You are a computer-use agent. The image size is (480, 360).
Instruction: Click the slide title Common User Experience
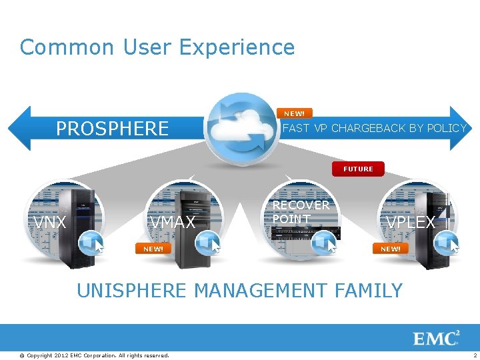(x=157, y=47)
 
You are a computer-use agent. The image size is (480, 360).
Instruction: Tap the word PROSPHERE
(x=112, y=128)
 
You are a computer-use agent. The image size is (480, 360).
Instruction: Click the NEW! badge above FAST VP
(x=294, y=113)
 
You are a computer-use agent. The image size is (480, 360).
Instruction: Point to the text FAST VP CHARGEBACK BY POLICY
(x=375, y=128)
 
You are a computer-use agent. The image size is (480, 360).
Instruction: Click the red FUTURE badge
(x=358, y=169)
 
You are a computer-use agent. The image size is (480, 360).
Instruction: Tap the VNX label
(x=50, y=223)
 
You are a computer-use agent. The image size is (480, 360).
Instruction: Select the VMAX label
(x=173, y=223)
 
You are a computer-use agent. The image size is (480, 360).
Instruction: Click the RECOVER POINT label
(x=301, y=212)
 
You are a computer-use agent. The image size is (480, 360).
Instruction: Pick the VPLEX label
(x=411, y=223)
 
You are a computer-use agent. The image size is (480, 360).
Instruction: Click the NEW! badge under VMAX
(x=153, y=249)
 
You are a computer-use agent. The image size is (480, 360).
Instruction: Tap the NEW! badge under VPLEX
(x=391, y=249)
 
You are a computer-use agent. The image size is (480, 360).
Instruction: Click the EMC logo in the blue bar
(x=437, y=338)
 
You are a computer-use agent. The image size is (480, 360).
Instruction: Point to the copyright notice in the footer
(x=94, y=355)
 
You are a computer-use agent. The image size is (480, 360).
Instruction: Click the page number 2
(x=475, y=355)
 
